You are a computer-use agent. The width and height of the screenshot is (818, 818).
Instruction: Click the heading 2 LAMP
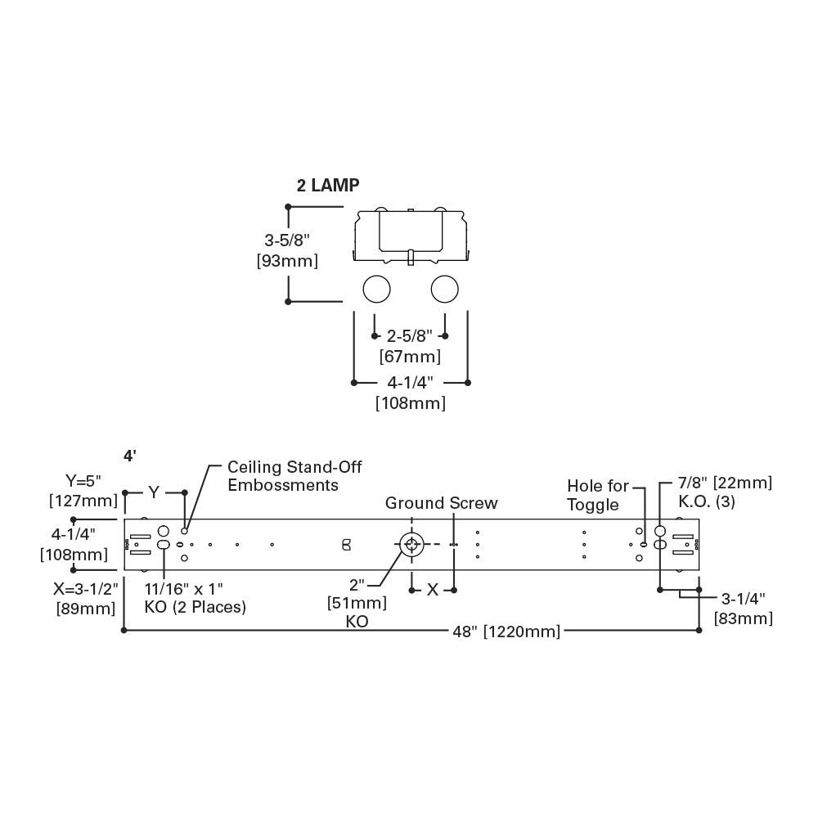(327, 186)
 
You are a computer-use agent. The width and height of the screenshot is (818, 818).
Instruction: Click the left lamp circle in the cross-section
(376, 289)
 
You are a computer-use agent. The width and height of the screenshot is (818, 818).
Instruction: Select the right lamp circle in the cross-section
(444, 289)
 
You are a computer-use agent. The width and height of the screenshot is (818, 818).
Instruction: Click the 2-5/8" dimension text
(410, 335)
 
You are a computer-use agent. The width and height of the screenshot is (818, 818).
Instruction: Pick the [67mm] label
(410, 357)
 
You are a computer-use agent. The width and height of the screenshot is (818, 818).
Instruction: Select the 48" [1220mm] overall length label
(507, 631)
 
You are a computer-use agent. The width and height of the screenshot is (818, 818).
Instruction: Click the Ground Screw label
(441, 503)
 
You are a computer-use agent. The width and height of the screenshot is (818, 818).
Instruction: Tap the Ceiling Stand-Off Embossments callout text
(294, 476)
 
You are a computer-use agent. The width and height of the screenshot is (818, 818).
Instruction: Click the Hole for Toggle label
(598, 496)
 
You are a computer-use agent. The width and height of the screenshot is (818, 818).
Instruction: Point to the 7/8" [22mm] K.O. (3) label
(725, 492)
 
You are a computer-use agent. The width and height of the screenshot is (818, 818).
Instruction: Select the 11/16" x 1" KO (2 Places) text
(196, 597)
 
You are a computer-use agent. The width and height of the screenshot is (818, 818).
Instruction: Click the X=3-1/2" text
(86, 588)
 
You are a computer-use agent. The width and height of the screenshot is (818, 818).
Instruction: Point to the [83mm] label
(743, 618)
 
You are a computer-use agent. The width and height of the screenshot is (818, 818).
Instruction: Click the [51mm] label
(357, 603)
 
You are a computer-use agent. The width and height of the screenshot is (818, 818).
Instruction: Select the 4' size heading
(129, 456)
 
